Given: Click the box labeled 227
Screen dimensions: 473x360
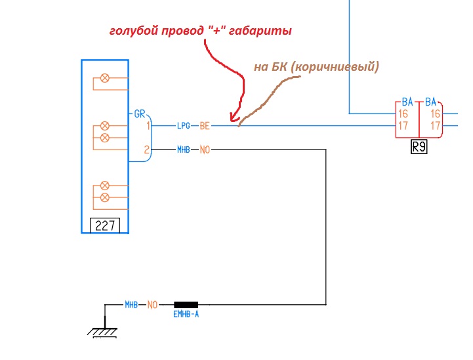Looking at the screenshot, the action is pos(105,226).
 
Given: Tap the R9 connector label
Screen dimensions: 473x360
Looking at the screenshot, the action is pos(419,147).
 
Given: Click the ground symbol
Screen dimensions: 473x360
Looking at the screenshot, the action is pos(102,332).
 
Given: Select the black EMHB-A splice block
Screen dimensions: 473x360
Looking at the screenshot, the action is pos(186,305).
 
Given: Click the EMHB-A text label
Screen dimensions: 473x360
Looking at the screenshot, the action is pos(186,315).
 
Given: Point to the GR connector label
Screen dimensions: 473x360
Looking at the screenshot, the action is pos(140,113).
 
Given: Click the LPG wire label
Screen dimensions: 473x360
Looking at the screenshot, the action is pos(184,126).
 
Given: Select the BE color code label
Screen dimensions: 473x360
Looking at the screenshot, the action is pos(205,126).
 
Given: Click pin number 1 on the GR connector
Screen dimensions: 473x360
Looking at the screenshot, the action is pos(148,125).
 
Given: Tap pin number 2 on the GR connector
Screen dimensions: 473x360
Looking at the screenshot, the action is pos(146,150).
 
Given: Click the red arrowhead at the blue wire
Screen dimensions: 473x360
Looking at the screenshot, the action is pos(234,117).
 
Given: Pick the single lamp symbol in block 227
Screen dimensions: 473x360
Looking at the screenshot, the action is pos(105,78).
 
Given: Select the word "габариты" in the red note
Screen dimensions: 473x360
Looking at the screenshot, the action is pos(260,31).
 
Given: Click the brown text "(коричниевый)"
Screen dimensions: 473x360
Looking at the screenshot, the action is pos(335,67).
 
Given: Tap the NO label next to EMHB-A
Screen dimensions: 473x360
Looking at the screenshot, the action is pos(152,305).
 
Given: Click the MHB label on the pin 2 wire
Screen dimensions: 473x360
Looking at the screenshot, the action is pos(184,150).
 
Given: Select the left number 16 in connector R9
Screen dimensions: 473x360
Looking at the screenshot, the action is pos(403,114).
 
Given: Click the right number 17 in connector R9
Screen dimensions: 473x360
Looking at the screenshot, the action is pos(436,125).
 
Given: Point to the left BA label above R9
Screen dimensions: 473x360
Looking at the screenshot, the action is pos(407,102).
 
